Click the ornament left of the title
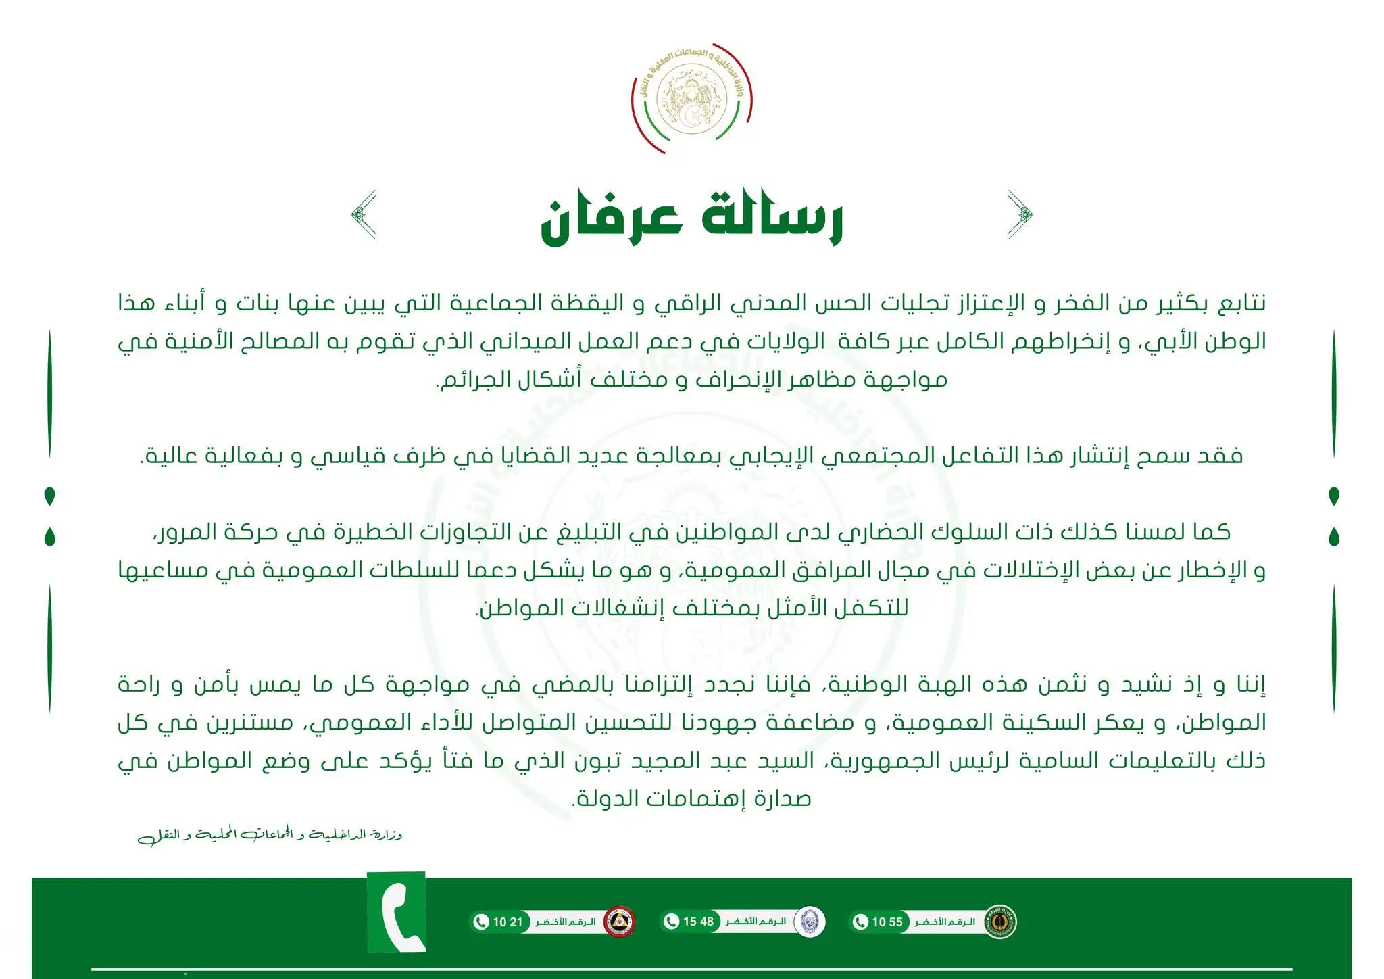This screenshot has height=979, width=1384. point(364,215)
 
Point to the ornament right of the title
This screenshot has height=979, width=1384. point(1020,215)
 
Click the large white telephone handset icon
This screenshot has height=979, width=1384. point(397,913)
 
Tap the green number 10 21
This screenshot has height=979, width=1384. point(508,922)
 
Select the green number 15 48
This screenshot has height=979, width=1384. point(698,922)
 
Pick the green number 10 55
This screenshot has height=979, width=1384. point(887,922)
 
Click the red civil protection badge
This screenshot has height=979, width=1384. point(619,922)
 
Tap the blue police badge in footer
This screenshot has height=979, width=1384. point(809,922)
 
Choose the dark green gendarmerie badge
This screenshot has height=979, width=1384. point(999,922)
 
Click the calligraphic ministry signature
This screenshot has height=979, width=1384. point(270,836)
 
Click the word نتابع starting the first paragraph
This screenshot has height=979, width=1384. point(1241,303)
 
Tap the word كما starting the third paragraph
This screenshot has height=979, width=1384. point(1212,531)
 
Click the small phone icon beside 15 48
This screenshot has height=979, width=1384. point(672,922)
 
